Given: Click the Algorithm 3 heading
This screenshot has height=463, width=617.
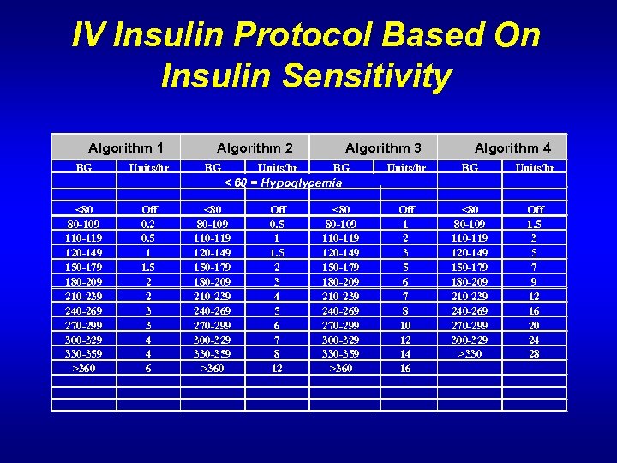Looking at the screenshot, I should (x=383, y=148).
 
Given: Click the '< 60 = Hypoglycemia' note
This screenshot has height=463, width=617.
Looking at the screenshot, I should (x=283, y=183).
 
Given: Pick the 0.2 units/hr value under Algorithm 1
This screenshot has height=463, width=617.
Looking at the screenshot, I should (x=149, y=224).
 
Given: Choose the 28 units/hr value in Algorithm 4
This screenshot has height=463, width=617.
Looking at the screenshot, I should (x=536, y=354).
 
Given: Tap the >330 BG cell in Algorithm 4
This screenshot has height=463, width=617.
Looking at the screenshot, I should (x=470, y=354).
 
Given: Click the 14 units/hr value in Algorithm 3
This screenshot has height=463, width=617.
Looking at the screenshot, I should (x=406, y=354).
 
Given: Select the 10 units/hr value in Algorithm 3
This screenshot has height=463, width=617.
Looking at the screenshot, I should (x=406, y=325).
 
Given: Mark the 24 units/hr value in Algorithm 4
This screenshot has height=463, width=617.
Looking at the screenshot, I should (x=536, y=340).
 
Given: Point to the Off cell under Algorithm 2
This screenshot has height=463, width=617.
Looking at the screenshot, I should (x=278, y=209).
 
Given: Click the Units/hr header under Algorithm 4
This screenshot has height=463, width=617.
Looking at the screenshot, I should (x=535, y=168).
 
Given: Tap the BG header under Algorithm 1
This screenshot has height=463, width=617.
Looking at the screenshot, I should (x=84, y=168).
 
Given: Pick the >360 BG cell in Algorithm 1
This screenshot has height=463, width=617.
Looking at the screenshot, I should (x=84, y=369).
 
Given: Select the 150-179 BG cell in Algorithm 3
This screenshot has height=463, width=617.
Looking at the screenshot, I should (x=341, y=267).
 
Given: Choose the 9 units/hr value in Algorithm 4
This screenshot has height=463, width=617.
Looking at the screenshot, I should (x=536, y=281).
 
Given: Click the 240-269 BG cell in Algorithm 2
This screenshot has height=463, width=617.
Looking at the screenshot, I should (x=213, y=310).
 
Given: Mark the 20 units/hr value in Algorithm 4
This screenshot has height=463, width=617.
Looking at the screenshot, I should (x=536, y=325).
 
